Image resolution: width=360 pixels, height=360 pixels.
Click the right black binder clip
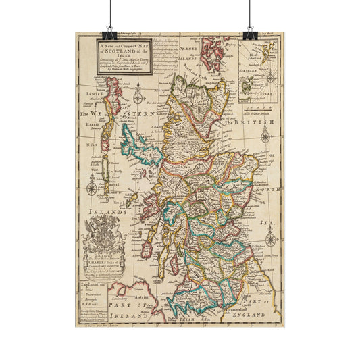251,32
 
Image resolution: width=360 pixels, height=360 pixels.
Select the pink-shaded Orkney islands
214,49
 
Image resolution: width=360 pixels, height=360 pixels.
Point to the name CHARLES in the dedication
99,266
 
